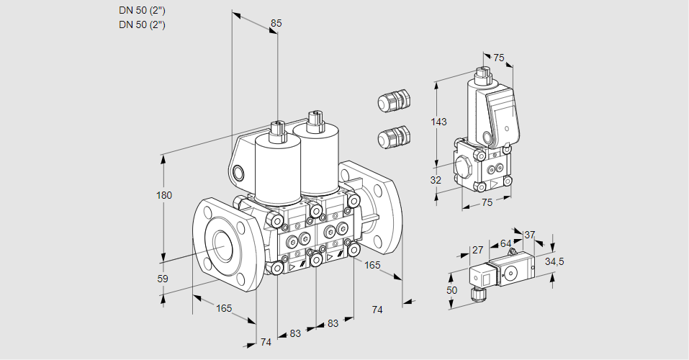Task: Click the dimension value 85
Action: click(x=276, y=23)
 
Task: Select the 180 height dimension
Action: click(x=164, y=195)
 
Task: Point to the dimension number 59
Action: click(x=163, y=279)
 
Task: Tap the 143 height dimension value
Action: click(x=438, y=122)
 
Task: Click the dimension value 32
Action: click(x=436, y=180)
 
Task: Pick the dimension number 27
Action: click(x=477, y=250)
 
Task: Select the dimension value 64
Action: click(x=505, y=243)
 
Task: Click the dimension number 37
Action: click(x=529, y=235)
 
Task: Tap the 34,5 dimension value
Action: click(x=554, y=261)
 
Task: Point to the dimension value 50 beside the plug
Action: click(x=451, y=290)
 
